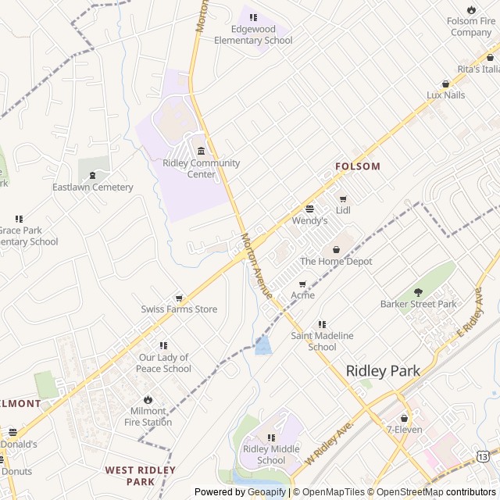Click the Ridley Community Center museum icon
coord(201,151)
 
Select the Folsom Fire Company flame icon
coord(472,9)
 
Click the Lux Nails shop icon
coord(446,84)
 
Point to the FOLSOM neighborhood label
coord(357,166)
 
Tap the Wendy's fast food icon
coord(309,209)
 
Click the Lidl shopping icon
coord(343,198)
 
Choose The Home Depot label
coord(336,262)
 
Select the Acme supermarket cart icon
coord(302,284)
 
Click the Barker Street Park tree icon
coord(418,292)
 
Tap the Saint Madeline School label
coord(322,341)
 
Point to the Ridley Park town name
coord(382,371)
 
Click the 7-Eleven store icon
coord(404,418)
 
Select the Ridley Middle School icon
coord(271,437)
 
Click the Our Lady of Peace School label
coord(164,363)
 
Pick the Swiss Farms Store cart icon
coord(179,298)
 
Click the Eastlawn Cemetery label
coord(92,187)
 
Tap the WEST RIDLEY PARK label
coord(141,476)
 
